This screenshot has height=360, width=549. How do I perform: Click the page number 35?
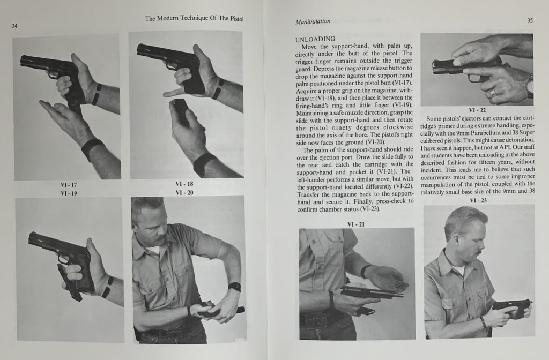[x=530, y=20]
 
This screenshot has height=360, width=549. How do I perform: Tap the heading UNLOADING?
[x=315, y=39]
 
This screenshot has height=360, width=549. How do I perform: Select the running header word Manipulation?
[x=313, y=22]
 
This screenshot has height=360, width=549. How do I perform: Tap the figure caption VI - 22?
[x=476, y=110]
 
